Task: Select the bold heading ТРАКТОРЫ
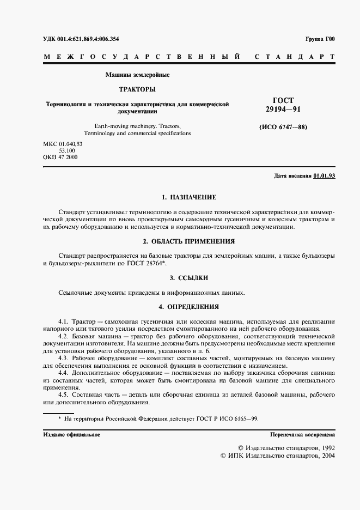coord(137,88)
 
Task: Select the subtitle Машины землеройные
coord(137,74)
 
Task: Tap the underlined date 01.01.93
coord(325,175)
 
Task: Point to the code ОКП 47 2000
coord(60,157)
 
